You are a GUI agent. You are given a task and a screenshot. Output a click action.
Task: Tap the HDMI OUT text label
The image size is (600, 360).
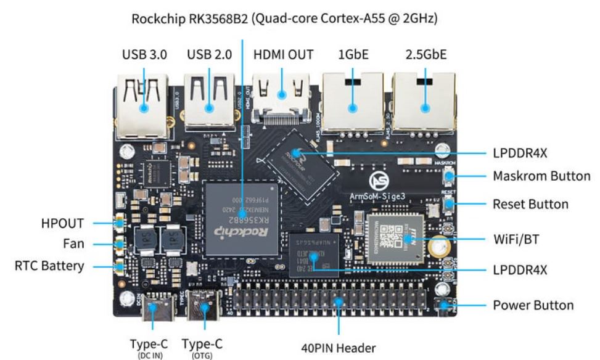(x=283, y=54)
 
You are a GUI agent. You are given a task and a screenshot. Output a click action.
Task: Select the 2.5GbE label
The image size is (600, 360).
(x=426, y=54)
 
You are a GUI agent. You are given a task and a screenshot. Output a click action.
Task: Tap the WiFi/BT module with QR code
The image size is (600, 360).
(x=395, y=237)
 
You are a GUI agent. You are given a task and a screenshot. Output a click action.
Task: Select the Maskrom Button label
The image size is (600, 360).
(x=541, y=176)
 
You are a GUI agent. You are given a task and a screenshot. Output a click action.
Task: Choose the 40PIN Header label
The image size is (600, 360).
(x=338, y=348)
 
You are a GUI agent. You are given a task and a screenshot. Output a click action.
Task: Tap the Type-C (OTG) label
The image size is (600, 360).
(x=202, y=346)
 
